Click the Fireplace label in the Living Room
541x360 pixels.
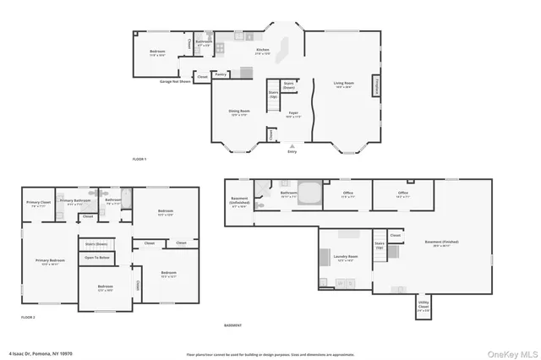click(374, 85)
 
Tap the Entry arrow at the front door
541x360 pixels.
click(292, 146)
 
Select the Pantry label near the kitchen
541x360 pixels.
click(221, 74)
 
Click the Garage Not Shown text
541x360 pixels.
click(174, 82)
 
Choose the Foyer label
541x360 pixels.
click(293, 112)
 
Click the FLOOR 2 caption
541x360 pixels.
click(29, 317)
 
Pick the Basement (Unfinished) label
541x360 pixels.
click(239, 204)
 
